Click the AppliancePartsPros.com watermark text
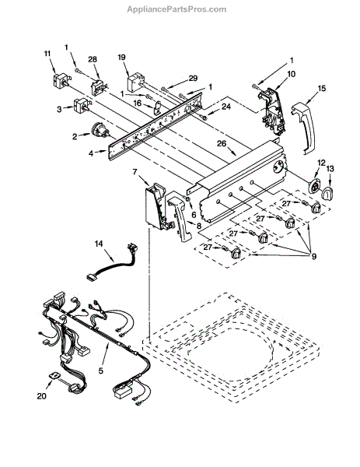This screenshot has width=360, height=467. (x=177, y=9)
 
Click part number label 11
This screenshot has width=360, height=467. (x=47, y=54)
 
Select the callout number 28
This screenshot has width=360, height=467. (x=93, y=59)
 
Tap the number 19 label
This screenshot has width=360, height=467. (x=122, y=57)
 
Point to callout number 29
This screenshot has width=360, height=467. (x=193, y=79)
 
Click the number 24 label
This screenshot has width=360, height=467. (x=226, y=107)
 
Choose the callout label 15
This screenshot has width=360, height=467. (x=322, y=88)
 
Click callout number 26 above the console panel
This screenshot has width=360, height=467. (x=222, y=143)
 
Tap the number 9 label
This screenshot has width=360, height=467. (x=314, y=256)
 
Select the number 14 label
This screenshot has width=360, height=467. (x=99, y=244)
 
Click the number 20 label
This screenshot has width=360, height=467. (x=42, y=396)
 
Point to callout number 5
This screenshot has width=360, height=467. (x=101, y=370)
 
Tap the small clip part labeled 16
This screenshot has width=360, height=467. (x=157, y=107)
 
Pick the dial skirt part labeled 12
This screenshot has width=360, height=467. (x=314, y=188)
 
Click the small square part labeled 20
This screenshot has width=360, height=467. (x=54, y=375)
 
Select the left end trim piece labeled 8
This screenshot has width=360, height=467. (x=180, y=218)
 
